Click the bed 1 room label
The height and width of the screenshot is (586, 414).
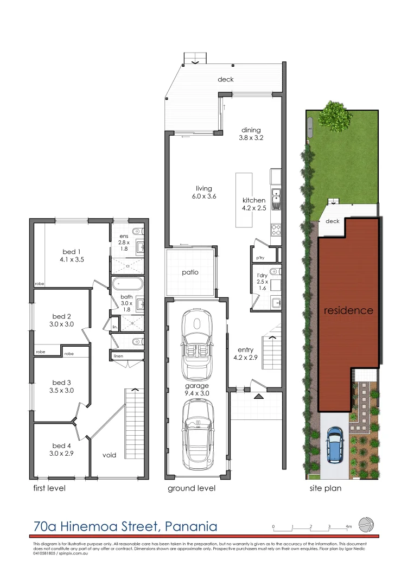point(69,252)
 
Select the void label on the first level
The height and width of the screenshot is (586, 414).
point(110,455)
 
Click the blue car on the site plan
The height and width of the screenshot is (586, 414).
point(335,445)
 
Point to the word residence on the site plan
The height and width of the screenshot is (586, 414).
point(348,311)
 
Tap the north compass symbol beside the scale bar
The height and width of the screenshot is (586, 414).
point(367,525)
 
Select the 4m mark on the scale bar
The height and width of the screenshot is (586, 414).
point(349,527)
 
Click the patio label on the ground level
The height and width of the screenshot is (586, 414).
point(191,272)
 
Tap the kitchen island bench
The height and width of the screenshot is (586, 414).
point(244,199)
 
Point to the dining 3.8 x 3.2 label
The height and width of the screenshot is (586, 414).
point(251,134)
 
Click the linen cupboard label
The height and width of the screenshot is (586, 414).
point(118,356)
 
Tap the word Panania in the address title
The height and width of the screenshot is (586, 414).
point(190,526)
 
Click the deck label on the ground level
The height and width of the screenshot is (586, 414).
point(226,79)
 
